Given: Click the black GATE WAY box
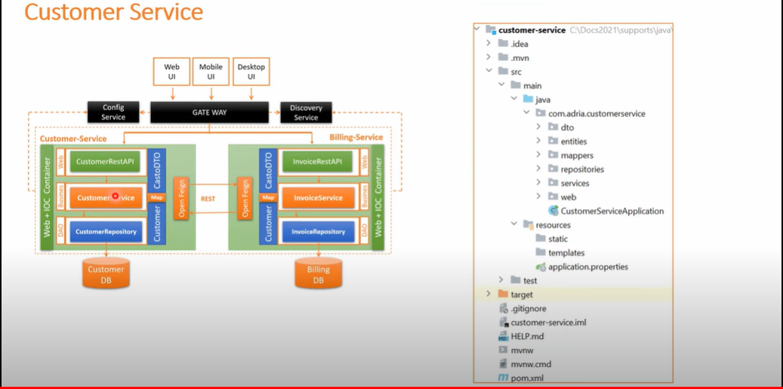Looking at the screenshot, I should click(209, 113).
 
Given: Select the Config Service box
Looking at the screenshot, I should click(113, 113).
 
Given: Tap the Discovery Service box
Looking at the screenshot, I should click(306, 113).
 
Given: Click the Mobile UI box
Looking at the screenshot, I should click(211, 73).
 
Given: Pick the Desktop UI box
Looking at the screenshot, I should click(251, 73).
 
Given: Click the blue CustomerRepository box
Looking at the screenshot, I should click(106, 232).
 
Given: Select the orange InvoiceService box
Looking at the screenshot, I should click(317, 198).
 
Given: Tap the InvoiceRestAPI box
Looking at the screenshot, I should click(317, 162).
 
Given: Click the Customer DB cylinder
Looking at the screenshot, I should click(106, 274).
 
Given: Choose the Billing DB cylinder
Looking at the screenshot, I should click(318, 275).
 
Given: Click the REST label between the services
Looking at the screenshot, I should click(208, 199).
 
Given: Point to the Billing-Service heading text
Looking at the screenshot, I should click(356, 137).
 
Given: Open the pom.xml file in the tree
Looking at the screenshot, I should click(526, 378).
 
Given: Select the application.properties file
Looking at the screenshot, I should click(587, 267).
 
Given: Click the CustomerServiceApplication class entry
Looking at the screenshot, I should click(612, 211).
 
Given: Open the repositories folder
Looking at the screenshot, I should click(581, 169).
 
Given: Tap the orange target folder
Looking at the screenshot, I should click(521, 295).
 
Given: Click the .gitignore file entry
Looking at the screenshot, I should click(528, 308).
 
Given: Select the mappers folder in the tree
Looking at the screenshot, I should click(576, 156).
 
